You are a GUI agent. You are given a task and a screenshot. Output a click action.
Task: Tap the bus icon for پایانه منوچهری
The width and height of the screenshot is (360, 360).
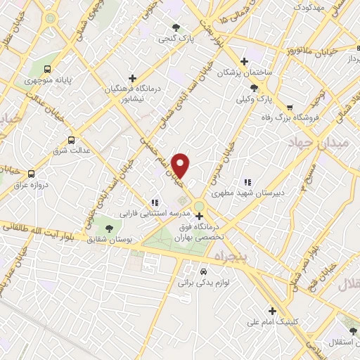click(46, 70)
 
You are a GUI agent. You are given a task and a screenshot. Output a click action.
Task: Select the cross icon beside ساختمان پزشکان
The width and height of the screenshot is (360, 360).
click(244, 61)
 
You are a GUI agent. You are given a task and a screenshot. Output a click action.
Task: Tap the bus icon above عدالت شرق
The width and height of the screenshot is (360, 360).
click(71, 140)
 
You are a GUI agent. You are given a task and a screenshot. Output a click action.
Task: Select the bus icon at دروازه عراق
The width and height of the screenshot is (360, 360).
click(30, 173)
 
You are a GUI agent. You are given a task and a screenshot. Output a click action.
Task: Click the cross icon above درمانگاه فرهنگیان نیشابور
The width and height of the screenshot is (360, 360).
click(133, 78)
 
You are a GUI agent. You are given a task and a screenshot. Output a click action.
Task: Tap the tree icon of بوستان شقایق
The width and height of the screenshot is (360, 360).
click(108, 227)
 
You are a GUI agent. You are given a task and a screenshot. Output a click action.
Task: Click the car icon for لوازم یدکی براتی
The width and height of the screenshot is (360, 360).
click(203, 271)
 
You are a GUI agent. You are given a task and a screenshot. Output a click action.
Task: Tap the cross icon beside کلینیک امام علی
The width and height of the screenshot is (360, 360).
click(272, 311)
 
